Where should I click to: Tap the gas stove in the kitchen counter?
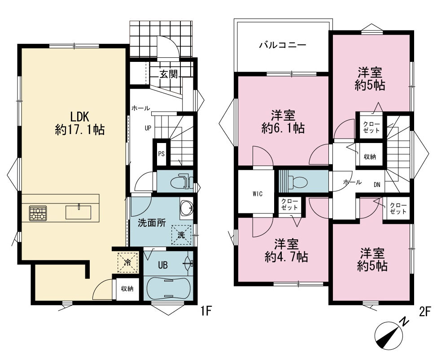(x=38, y=213)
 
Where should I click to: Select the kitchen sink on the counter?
(x=79, y=213)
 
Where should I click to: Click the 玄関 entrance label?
(x=169, y=74)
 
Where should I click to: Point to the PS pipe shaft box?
(x=161, y=154)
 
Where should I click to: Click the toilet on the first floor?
(x=180, y=182)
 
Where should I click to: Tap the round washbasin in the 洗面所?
(x=186, y=208)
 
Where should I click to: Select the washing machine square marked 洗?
(x=181, y=235)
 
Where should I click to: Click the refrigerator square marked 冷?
(x=127, y=262)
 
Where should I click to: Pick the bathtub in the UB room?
(x=168, y=288)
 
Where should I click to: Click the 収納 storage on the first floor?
(x=127, y=289)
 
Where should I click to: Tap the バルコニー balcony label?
(x=283, y=45)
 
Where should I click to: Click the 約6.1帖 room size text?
(x=283, y=128)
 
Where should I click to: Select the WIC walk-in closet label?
(x=258, y=194)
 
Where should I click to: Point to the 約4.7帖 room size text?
(x=286, y=257)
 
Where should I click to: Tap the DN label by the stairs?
(x=377, y=185)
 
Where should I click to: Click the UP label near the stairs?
(x=148, y=128)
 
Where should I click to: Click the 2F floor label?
(x=425, y=312)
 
